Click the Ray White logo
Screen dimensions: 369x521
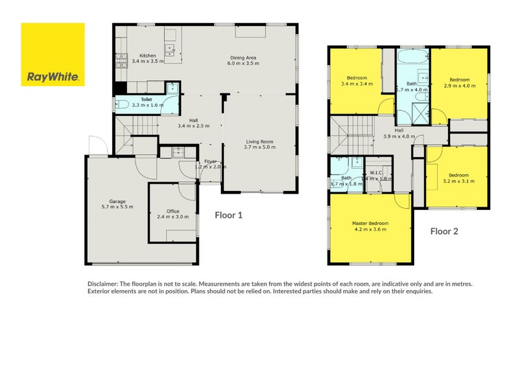(53, 55)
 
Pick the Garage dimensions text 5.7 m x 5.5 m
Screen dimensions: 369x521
(117, 207)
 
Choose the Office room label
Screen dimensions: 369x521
(173, 211)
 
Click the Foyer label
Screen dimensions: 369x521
(210, 161)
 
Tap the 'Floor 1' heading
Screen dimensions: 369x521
(229, 214)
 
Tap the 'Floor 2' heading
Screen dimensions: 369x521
(445, 231)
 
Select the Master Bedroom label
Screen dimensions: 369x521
(370, 224)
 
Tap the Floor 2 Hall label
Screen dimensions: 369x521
(399, 130)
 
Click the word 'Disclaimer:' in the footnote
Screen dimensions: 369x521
(104, 285)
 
